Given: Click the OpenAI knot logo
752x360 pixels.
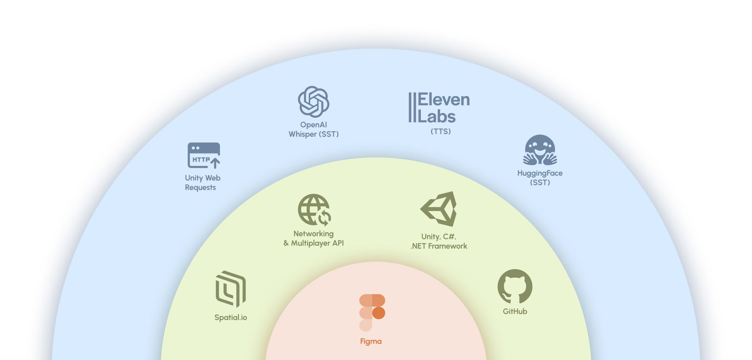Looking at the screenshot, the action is tap(313, 102).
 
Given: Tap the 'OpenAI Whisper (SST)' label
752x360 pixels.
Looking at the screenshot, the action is tap(313, 130).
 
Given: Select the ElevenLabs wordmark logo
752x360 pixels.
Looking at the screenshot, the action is tap(439, 107).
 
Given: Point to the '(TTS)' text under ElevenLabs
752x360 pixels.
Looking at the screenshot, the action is tap(441, 132).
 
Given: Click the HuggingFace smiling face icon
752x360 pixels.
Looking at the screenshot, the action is tap(540, 150).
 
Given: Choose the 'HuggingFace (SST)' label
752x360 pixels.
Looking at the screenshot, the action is tap(540, 178).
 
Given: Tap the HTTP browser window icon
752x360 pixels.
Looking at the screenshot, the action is tap(203, 156).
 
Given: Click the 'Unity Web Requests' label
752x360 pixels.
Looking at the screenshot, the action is tap(203, 183).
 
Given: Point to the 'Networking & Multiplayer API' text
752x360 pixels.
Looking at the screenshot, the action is tap(313, 238).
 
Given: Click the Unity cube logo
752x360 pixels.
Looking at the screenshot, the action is tap(439, 209).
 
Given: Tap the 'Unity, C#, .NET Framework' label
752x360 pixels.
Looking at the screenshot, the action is tap(439, 241).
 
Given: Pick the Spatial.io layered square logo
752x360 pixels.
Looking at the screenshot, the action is tap(231, 289).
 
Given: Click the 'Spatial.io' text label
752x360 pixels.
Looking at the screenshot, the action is tap(231, 318).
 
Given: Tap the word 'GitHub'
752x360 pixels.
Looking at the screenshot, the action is tap(515, 311).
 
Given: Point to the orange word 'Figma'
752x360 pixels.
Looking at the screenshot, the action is tap(371, 341).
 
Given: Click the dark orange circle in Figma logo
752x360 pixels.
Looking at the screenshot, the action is tap(379, 313).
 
